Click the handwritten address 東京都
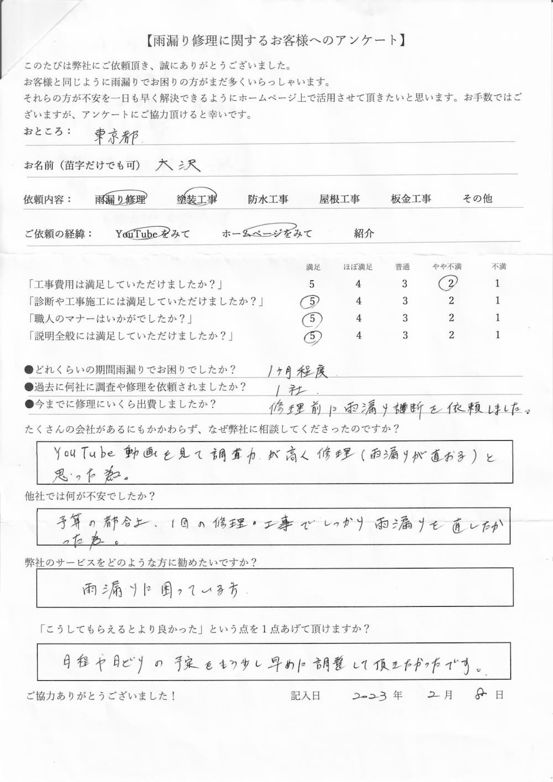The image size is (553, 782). click(117, 136)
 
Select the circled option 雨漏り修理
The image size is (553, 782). click(121, 199)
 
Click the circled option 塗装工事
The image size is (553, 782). click(196, 199)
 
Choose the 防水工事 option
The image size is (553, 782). click(268, 199)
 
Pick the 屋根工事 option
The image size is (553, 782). click(340, 199)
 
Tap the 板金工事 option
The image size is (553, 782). click(411, 199)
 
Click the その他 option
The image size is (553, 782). click(477, 199)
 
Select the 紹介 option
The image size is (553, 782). click(364, 233)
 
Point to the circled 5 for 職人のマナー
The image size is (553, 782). click(312, 319)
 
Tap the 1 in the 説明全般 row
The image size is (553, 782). click(498, 335)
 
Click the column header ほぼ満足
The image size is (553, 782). click(358, 267)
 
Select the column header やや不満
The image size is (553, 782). click(447, 267)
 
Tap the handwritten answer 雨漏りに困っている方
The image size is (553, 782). click(160, 590)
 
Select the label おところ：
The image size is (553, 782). click(48, 132)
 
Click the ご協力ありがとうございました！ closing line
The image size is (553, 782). click(101, 696)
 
